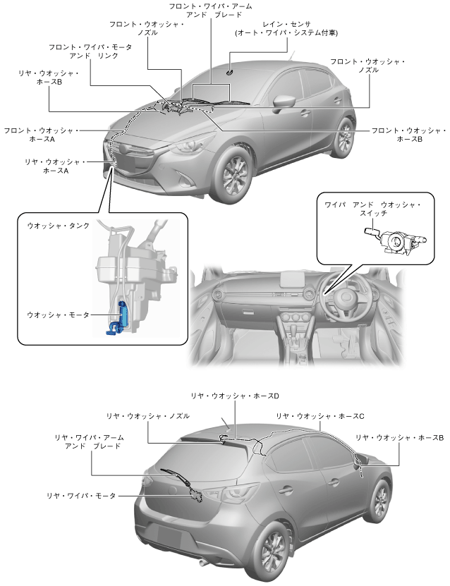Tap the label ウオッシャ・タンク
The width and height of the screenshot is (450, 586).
(58, 226)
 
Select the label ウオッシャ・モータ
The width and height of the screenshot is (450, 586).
(58, 315)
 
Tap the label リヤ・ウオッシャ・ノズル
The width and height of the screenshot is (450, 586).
(147, 416)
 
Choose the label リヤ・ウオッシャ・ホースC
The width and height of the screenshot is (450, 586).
(320, 416)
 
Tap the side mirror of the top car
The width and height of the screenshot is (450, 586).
(284, 101)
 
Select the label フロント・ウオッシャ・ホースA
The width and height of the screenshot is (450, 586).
(39, 135)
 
